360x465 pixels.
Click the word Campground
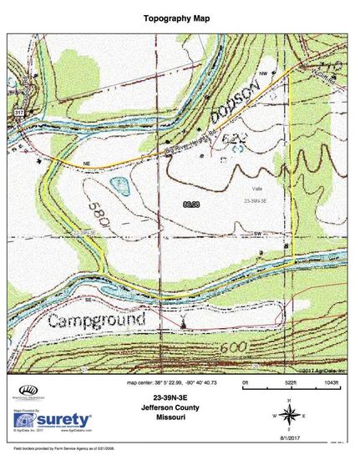[x=97, y=320]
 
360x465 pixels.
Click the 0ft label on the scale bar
[x=246, y=383]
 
